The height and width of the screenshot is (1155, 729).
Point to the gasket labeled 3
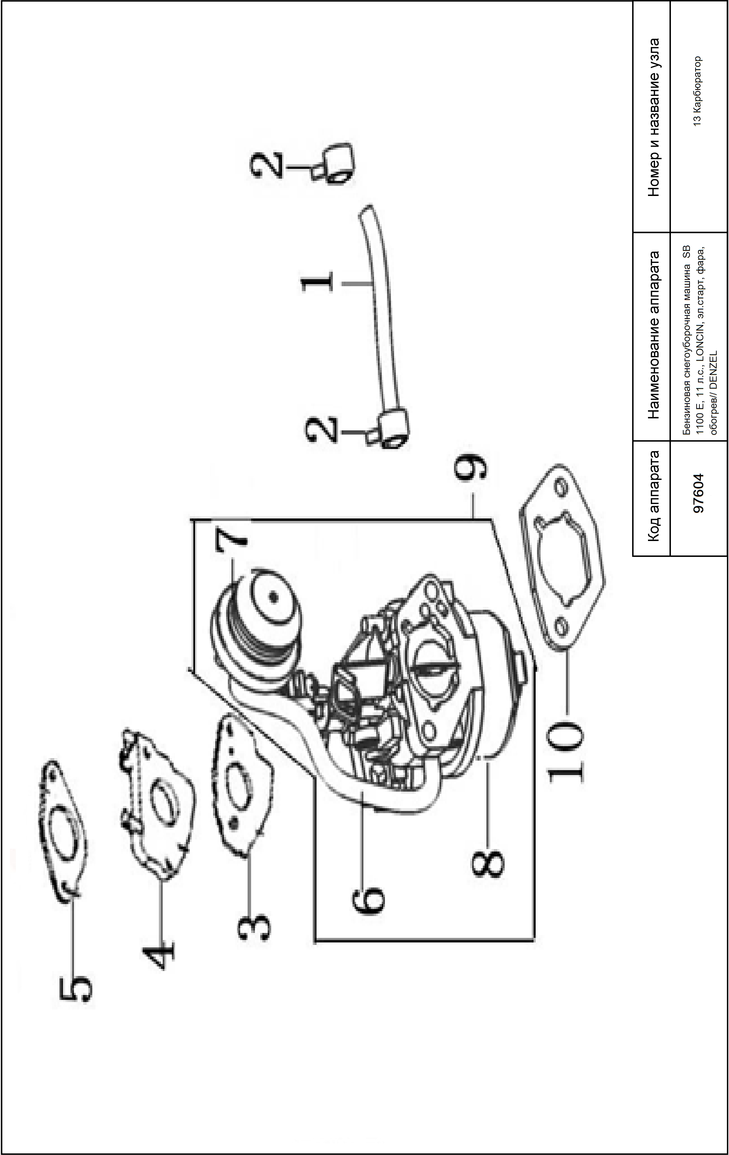pyautogui.click(x=242, y=787)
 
